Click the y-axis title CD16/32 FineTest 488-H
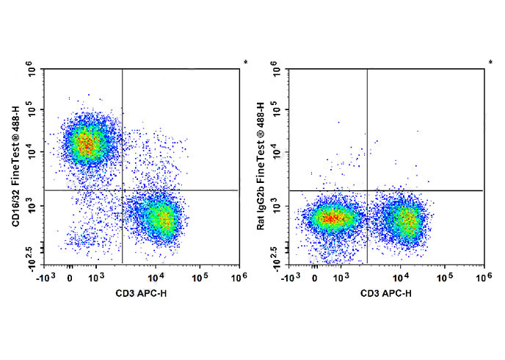[x=16, y=166]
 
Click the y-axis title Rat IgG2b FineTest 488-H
[x=261, y=166]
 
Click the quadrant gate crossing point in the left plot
[x=122, y=190]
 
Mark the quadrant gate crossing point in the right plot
[x=367, y=190]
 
